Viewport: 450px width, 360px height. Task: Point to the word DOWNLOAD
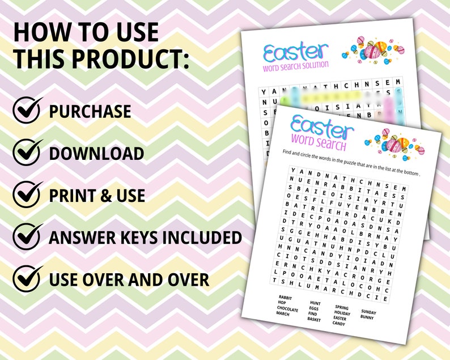pos(96,154)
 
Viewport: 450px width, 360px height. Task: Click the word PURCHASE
pos(90,112)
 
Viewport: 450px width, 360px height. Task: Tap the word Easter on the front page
pos(321,128)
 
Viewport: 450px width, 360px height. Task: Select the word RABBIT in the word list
pos(285,297)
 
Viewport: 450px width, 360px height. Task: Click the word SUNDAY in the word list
pos(368,311)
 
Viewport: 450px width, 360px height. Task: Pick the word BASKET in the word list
pos(313,320)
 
